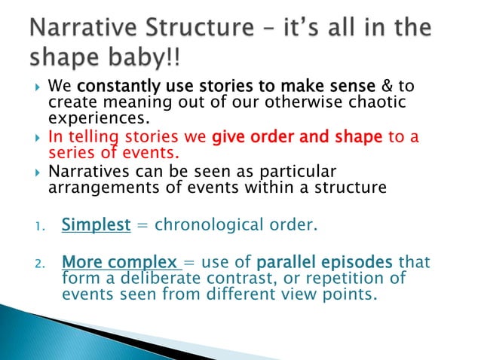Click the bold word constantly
click(115, 87)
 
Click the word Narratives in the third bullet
click(95, 171)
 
